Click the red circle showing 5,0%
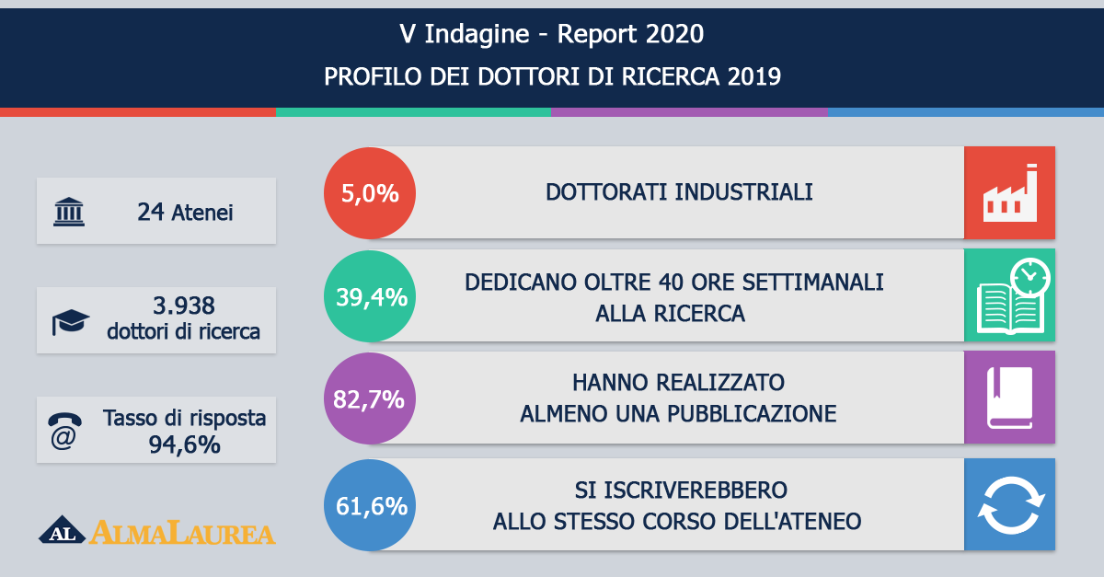(370, 193)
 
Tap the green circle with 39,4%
(370, 296)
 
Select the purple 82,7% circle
(370, 398)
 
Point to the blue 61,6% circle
(370, 505)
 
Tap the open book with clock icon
(1013, 296)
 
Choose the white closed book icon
(1009, 398)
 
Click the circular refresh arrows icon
(1011, 505)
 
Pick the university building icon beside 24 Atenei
(69, 212)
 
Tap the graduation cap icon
(71, 322)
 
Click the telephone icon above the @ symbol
(64, 420)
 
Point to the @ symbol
(63, 439)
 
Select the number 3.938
(183, 306)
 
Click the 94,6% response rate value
(184, 444)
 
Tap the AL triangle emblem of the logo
(63, 530)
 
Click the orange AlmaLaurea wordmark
(182, 533)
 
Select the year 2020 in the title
(674, 34)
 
